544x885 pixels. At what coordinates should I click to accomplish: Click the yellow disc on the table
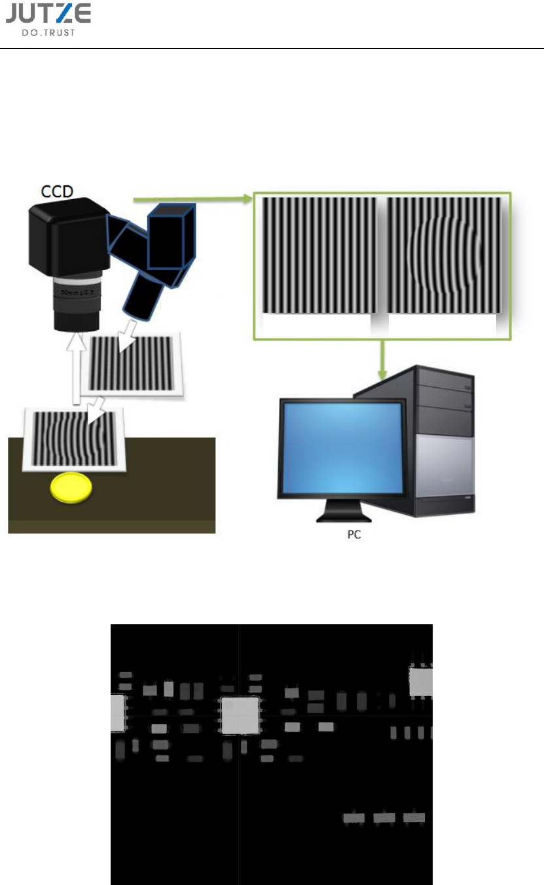click(x=71, y=489)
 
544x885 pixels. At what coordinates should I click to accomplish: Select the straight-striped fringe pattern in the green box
click(x=319, y=256)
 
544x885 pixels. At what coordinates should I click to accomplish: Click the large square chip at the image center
click(x=241, y=715)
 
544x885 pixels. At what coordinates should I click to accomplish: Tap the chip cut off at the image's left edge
click(x=118, y=713)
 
